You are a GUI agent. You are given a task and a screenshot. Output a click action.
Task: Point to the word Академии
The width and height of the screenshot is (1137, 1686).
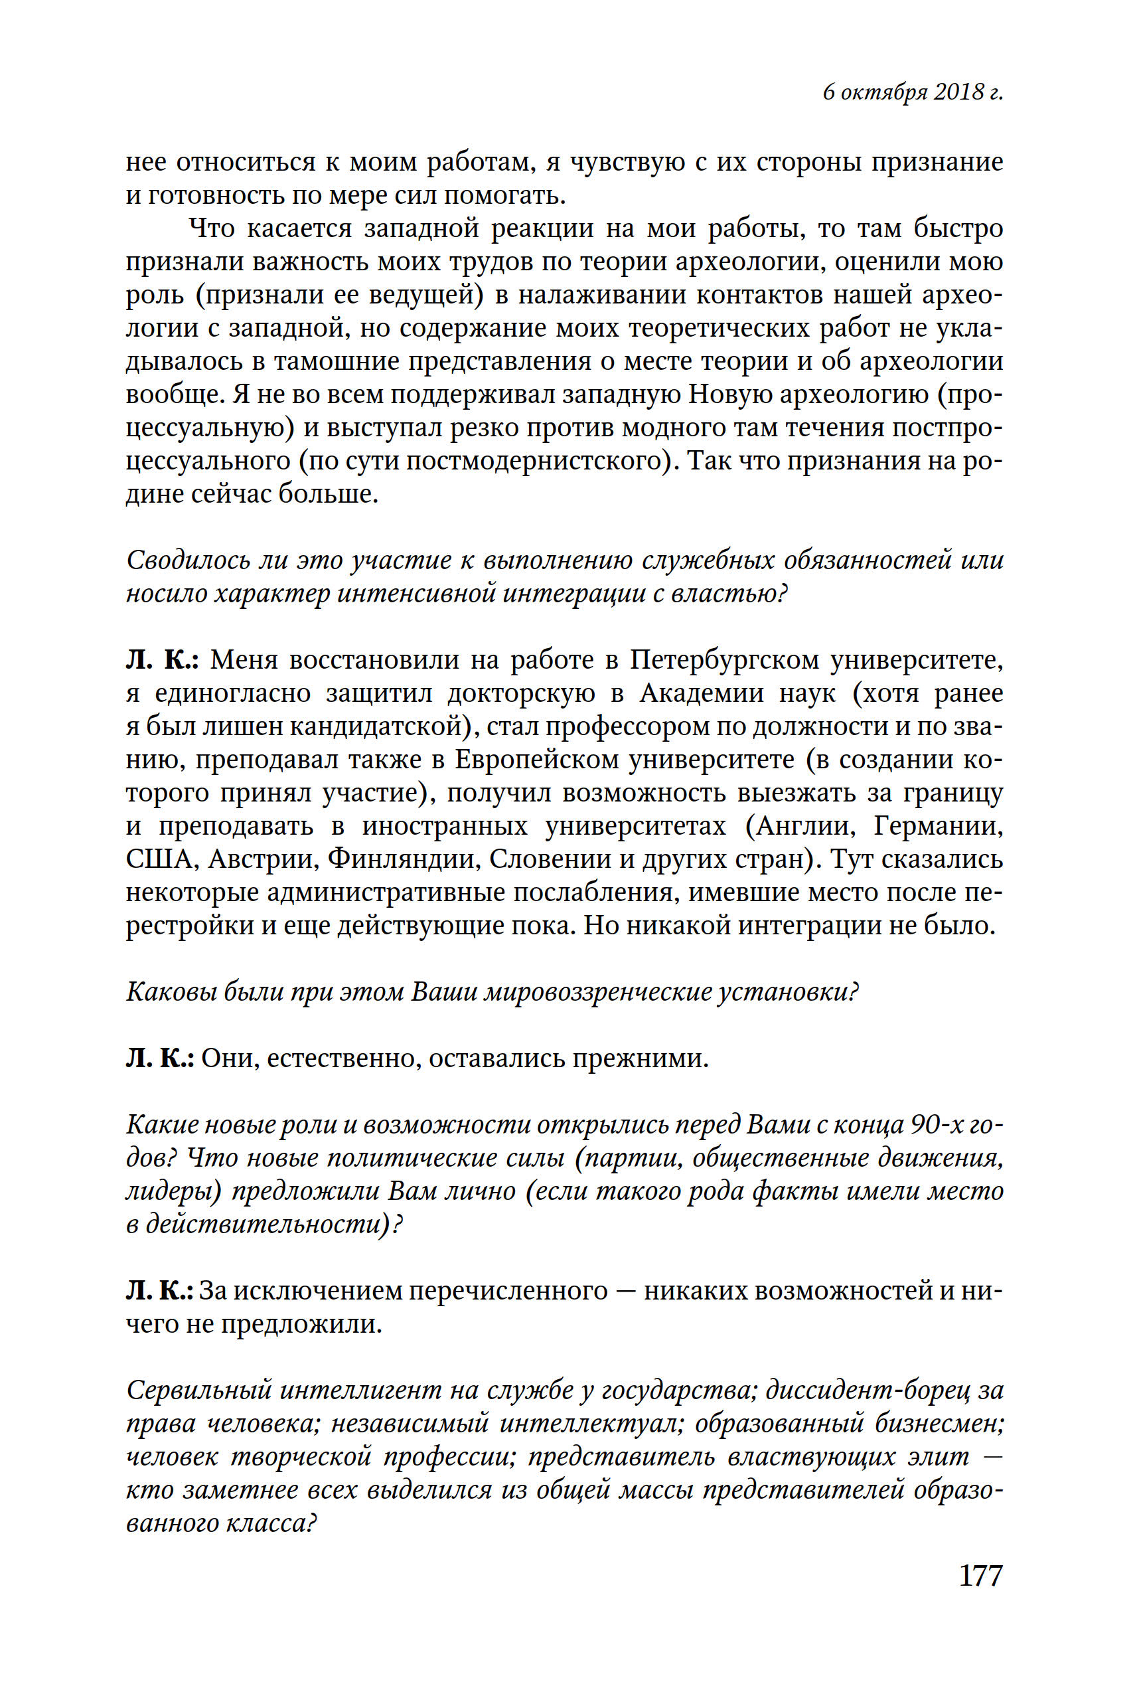tap(701, 693)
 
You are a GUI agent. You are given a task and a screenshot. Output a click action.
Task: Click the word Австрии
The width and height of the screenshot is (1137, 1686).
tap(264, 860)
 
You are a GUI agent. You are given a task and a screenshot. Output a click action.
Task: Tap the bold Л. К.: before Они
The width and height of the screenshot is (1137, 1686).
tap(159, 1059)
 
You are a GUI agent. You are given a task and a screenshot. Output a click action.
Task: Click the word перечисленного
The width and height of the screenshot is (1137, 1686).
tap(508, 1292)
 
